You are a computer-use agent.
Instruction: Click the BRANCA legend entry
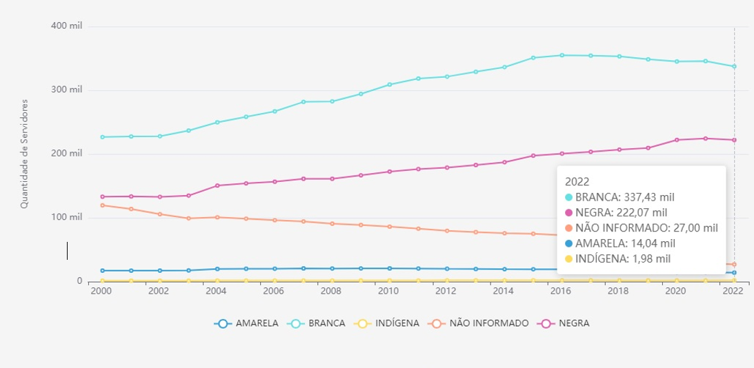pyautogui.click(x=319, y=323)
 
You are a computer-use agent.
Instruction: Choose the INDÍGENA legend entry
pyautogui.click(x=386, y=323)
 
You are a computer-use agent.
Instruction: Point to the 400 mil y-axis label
pyautogui.click(x=66, y=26)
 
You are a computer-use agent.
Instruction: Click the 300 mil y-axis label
pyautogui.click(x=66, y=90)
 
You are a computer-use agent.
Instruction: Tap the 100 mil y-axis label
pyautogui.click(x=66, y=218)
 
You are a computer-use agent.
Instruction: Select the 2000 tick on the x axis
pyautogui.click(x=101, y=292)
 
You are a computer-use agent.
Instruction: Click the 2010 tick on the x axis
pyautogui.click(x=388, y=292)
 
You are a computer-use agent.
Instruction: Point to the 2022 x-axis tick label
pyautogui.click(x=733, y=292)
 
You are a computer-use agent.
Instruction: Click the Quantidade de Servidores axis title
pyautogui.click(x=24, y=154)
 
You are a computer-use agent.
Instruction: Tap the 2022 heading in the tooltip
pyautogui.click(x=577, y=181)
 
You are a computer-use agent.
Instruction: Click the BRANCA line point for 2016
pyautogui.click(x=562, y=55)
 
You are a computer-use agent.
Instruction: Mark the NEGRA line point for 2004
pyautogui.click(x=217, y=185)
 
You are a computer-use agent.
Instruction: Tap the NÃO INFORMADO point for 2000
pyautogui.click(x=101, y=205)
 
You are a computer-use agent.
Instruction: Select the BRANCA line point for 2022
pyautogui.click(x=734, y=66)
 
